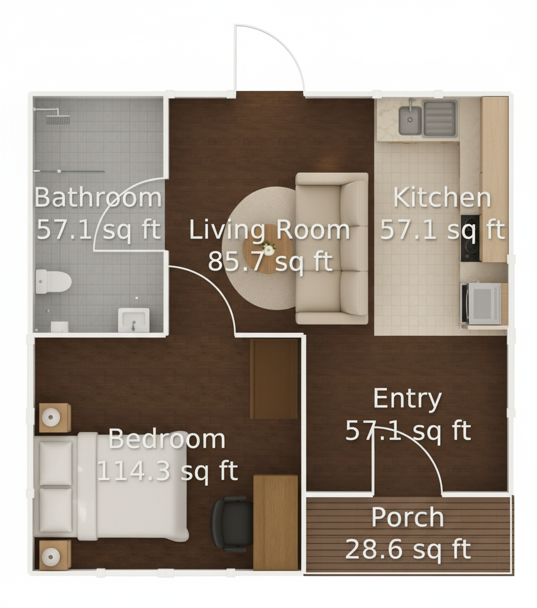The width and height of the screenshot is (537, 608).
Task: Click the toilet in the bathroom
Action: pyautogui.click(x=53, y=282)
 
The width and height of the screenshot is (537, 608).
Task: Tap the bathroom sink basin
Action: pyautogui.click(x=134, y=320)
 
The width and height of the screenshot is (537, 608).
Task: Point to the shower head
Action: pyautogui.click(x=58, y=120)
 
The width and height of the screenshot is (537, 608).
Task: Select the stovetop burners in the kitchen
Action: pyautogui.click(x=470, y=237)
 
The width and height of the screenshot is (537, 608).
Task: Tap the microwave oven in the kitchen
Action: pyautogui.click(x=481, y=303)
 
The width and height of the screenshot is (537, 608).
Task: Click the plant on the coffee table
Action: pyautogui.click(x=268, y=247)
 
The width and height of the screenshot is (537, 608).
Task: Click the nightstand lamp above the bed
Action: pyautogui.click(x=51, y=417)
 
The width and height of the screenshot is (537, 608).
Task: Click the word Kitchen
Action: pyautogui.click(x=442, y=197)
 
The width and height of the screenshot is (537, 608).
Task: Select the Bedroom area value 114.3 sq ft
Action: pyautogui.click(x=167, y=471)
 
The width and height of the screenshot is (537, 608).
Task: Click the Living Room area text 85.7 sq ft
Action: pyautogui.click(x=270, y=262)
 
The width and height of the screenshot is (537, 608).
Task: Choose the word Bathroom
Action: pyautogui.click(x=98, y=197)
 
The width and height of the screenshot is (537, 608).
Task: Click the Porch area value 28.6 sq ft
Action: pyautogui.click(x=408, y=549)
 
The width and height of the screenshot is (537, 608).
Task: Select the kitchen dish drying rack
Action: pyautogui.click(x=440, y=118)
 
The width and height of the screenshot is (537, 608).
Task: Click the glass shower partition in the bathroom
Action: pyautogui.click(x=69, y=171)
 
